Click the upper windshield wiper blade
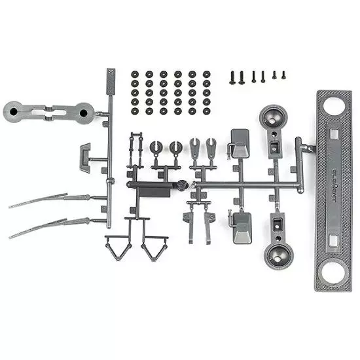[39, 201]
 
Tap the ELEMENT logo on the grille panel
[329, 189]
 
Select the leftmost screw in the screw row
[232, 77]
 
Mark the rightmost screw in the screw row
[283, 75]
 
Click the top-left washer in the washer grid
[135, 74]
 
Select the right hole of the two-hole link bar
[83, 113]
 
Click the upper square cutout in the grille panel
[334, 135]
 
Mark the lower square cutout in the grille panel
[334, 240]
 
